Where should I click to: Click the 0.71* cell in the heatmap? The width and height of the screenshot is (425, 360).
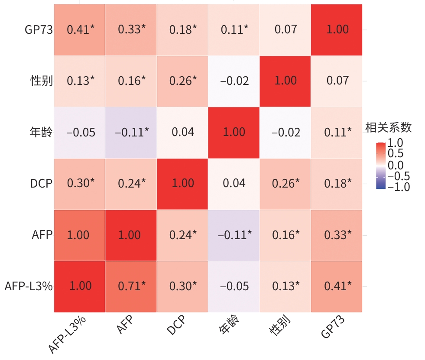pyautogui.click(x=131, y=286)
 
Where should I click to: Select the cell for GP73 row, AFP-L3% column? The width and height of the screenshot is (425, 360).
pyautogui.click(x=80, y=29)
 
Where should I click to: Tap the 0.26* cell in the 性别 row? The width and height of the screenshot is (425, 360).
pyautogui.click(x=182, y=81)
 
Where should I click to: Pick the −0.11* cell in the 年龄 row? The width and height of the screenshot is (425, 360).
pyautogui.click(x=131, y=132)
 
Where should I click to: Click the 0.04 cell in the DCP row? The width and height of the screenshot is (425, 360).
pyautogui.click(x=234, y=183)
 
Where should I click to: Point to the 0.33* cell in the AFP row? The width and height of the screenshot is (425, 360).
pyautogui.click(x=337, y=235)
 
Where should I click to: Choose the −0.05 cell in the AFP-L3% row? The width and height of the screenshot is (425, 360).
pyautogui.click(x=234, y=286)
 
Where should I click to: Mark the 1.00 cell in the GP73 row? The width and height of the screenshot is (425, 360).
pyautogui.click(x=337, y=29)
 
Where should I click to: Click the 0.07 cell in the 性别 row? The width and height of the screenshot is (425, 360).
pyautogui.click(x=337, y=81)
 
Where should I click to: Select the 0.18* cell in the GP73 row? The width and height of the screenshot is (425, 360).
pyautogui.click(x=182, y=29)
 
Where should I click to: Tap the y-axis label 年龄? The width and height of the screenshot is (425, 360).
pyautogui.click(x=41, y=132)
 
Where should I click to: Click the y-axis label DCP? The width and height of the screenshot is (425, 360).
pyautogui.click(x=41, y=183)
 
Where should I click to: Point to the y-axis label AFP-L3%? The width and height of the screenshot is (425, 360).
pyautogui.click(x=29, y=286)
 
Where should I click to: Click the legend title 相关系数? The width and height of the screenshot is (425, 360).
pyautogui.click(x=388, y=127)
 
